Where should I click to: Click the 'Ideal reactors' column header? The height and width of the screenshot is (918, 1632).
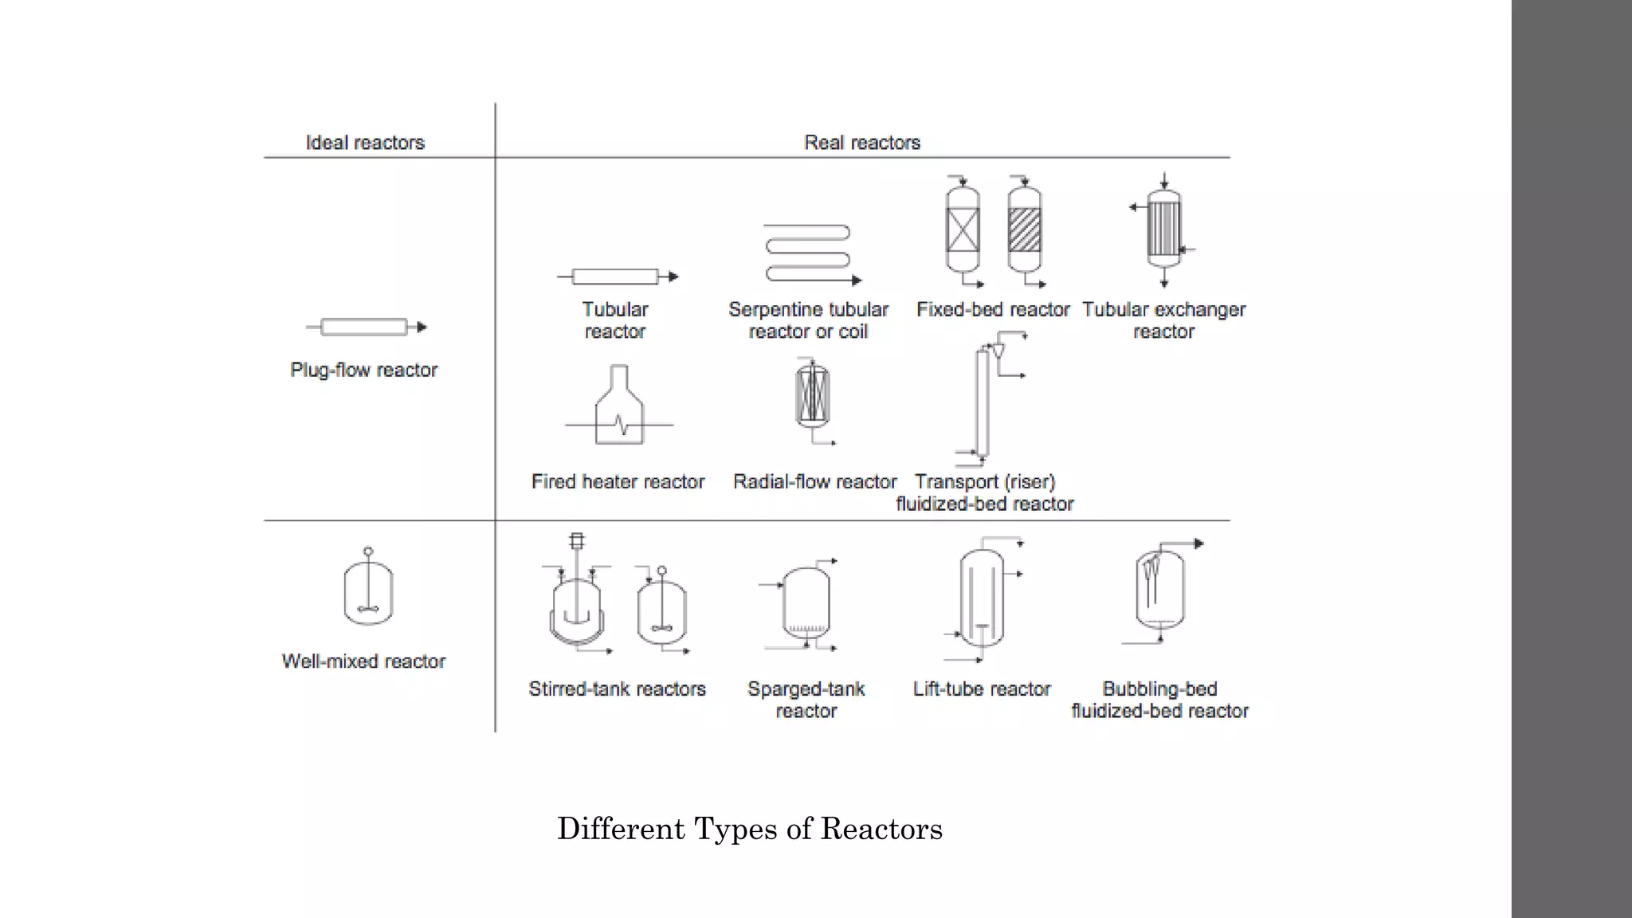coord(365,143)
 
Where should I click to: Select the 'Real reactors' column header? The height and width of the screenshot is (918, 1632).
coord(862,143)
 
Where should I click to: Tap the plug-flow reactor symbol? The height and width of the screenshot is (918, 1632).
coord(365,327)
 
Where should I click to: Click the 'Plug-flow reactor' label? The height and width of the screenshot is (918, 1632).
coord(364,370)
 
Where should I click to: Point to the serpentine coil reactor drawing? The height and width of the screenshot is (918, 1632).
coord(808,253)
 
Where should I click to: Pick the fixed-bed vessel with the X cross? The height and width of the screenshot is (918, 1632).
coord(963,230)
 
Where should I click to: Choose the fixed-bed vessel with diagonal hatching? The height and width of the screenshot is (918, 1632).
coord(1024,230)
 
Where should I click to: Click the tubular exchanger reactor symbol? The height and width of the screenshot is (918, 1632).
coord(1163,229)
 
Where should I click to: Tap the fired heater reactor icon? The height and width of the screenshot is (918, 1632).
coord(619,406)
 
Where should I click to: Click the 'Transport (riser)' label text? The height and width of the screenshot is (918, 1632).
coord(985,482)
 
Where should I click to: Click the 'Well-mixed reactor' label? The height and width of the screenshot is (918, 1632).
coord(364,661)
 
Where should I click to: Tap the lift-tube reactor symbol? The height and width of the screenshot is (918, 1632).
coord(982,598)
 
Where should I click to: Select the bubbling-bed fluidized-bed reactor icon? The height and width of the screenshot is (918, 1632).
coord(1159,590)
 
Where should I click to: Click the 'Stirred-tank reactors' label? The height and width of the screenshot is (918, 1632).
coord(618,688)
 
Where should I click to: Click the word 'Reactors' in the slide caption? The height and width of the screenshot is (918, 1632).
coord(881,829)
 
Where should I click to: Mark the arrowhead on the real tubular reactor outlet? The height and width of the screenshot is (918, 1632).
coord(673,277)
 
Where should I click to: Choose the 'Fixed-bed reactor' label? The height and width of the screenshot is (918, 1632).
coord(993,309)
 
